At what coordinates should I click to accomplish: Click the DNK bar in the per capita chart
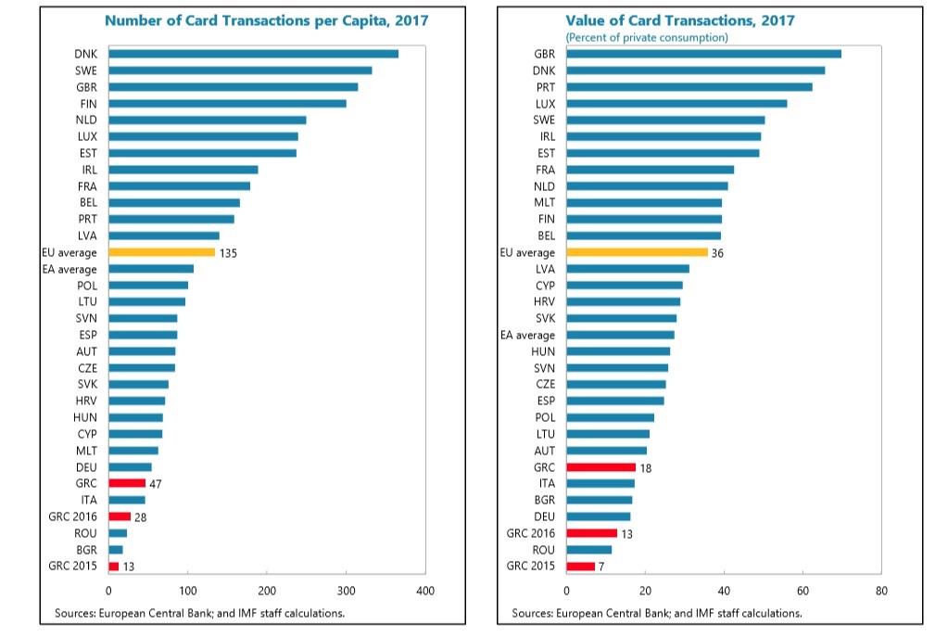pos(253,54)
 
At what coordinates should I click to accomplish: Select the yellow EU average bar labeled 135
pos(162,252)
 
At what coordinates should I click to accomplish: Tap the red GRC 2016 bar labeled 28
pos(120,516)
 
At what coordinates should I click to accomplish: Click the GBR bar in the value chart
pos(703,54)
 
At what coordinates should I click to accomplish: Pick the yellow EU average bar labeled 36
pos(637,252)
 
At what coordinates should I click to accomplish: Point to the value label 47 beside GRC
pos(156,484)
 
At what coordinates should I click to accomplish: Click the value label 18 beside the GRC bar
pos(647,467)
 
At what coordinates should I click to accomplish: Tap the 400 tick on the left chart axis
pos(425,591)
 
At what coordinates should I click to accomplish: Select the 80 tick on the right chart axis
pos(881,591)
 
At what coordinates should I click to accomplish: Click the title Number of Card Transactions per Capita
pos(266,20)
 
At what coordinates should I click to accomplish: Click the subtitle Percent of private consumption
pos(647,37)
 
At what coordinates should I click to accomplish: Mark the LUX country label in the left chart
pos(89,136)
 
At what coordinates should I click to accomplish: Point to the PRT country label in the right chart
pos(546,87)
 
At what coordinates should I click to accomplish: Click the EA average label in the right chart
pos(528,336)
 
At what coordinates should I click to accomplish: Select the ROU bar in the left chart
pos(118,533)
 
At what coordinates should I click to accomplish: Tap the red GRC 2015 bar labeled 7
pos(580,567)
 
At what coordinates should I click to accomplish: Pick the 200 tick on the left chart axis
pos(267,591)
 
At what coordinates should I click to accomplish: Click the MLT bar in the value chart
pos(644,202)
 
